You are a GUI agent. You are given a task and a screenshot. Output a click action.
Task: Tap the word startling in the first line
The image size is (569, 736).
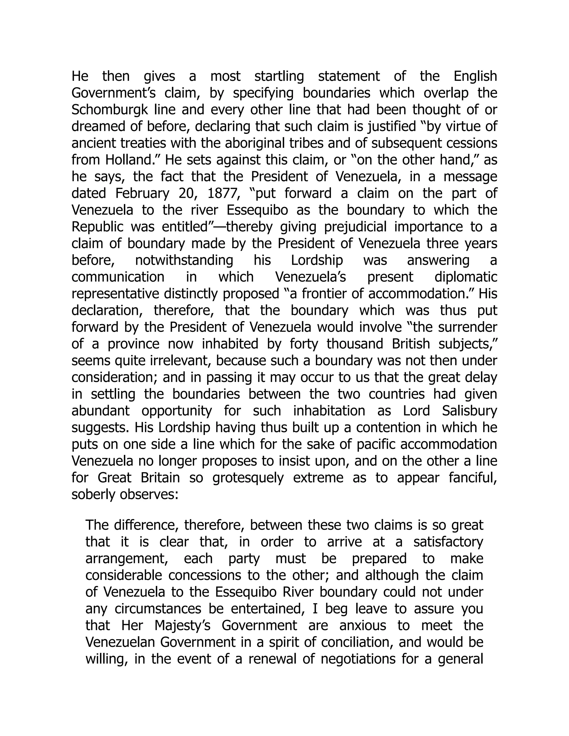click(279, 76)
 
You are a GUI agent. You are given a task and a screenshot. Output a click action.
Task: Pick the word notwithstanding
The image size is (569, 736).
click(184, 261)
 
